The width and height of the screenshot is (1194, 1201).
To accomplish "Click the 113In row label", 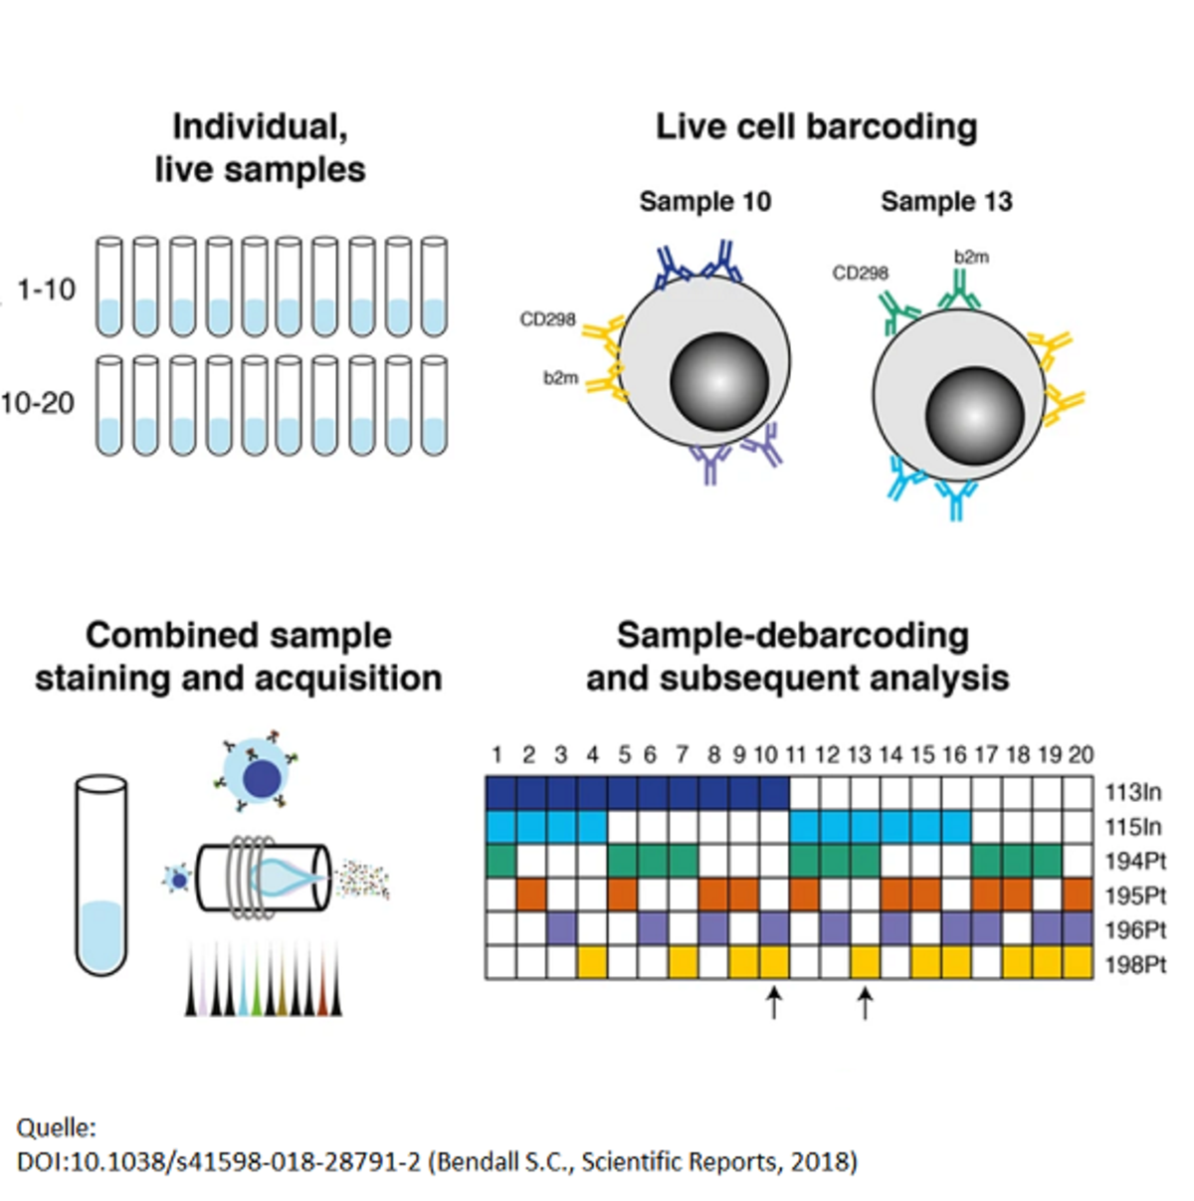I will coord(1132,792).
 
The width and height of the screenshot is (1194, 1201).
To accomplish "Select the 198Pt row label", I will coord(1134,964).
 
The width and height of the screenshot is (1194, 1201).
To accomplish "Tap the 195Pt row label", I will coord(1134,896).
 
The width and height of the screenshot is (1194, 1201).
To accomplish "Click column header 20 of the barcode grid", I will coord(1081,755).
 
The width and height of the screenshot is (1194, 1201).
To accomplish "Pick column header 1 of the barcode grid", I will coord(497,755).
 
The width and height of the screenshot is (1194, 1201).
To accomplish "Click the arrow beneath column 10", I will coord(773,1002).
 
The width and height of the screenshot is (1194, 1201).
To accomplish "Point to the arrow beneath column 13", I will coord(865,1002).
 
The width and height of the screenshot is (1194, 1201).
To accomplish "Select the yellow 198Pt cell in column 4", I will coord(593,963).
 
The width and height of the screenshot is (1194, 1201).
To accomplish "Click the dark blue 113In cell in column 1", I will coord(500,793).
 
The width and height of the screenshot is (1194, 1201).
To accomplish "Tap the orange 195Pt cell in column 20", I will coord(1079,895).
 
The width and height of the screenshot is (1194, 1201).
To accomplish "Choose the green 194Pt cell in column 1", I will coord(500,861).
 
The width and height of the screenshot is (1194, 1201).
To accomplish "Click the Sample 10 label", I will coord(704,202).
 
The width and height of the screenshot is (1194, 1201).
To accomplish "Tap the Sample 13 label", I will coord(946,202).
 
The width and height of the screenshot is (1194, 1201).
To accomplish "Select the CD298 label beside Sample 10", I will coord(547,319).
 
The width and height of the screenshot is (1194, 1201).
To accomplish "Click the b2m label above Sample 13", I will coord(971,257).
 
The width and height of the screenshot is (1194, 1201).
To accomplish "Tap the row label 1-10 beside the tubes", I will coord(47,290).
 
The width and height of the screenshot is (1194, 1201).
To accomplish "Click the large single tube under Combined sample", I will coord(101,876).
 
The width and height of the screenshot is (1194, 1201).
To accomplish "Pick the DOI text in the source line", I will coord(219,1161).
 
